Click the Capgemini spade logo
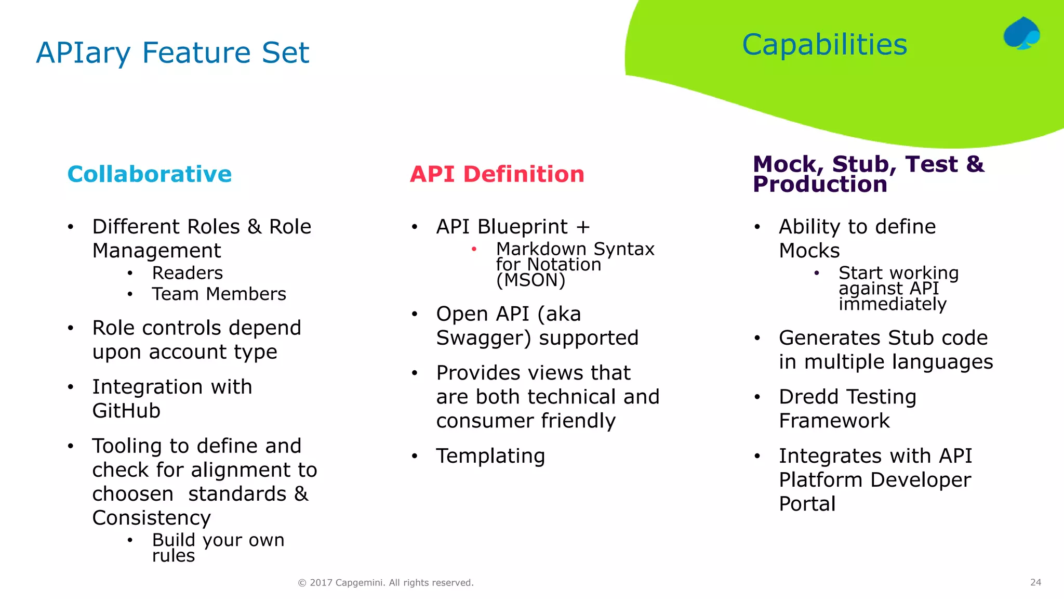1021,33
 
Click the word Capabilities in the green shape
824,45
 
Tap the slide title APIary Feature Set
172,53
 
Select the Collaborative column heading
150,174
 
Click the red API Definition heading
497,174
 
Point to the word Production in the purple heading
820,185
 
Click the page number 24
1035,582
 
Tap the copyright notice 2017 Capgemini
385,583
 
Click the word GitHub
126,411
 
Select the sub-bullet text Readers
187,273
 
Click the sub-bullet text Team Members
219,294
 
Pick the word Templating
490,456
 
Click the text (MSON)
530,280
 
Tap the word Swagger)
484,338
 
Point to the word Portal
807,504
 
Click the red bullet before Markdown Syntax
474,249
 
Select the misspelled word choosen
133,494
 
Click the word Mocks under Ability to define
809,251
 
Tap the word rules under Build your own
174,556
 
